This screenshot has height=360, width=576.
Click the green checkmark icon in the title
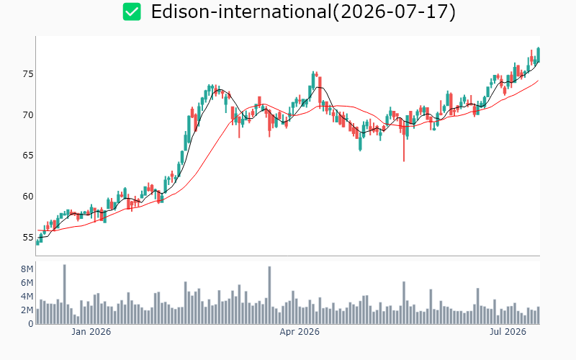pos(132,12)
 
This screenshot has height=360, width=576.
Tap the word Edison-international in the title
pos(241,12)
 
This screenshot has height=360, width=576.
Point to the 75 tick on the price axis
pos(28,74)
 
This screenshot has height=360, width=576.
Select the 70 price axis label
pos(28,115)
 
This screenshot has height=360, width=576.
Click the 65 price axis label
pos(28,156)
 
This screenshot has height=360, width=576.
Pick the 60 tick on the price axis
pos(28,197)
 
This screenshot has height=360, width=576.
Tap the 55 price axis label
pos(28,238)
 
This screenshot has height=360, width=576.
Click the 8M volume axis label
pos(27,269)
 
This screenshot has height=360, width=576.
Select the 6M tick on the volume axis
pos(27,283)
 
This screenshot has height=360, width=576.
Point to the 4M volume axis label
pos(27,297)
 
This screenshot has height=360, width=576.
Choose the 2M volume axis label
pos(27,310)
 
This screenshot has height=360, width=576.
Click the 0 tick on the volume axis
pos(31,324)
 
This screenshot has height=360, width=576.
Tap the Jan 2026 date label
pos(91,332)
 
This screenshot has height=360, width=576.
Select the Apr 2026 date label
pos(300,332)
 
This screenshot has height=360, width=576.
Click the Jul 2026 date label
pos(508,332)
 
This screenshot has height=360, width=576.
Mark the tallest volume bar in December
pos(65,294)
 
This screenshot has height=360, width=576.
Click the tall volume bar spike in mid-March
pos(269,295)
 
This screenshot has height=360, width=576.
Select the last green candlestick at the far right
pos(539,55)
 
